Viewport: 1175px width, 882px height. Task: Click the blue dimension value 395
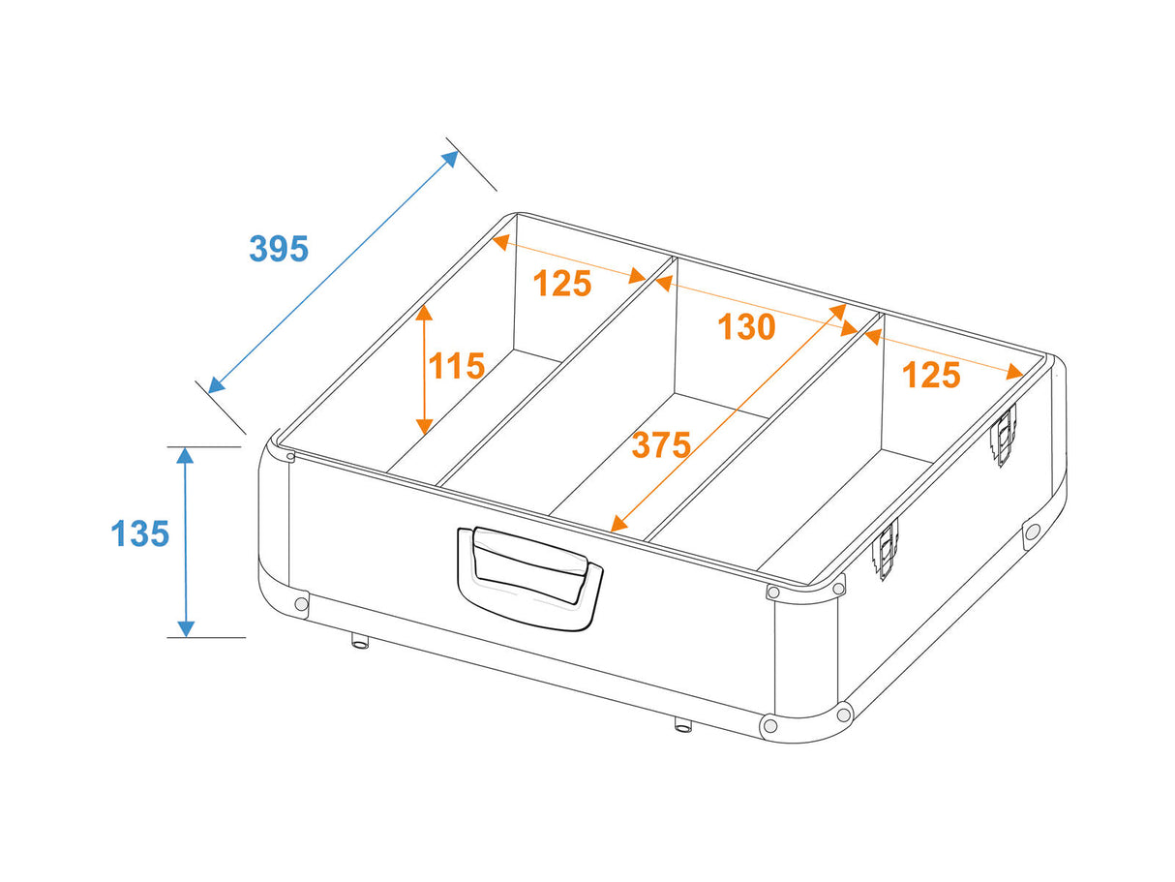point(279,249)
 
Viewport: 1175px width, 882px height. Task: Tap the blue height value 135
point(139,533)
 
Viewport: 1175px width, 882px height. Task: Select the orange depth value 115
point(457,366)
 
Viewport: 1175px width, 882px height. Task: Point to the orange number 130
point(746,326)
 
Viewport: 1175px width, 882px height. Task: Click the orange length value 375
point(662,444)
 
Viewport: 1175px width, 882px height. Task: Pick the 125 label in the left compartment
point(562,283)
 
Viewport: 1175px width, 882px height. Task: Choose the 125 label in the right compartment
point(931,375)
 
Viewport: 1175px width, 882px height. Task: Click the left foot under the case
point(360,640)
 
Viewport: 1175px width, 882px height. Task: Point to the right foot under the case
point(682,724)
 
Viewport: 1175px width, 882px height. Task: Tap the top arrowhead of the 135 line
point(185,456)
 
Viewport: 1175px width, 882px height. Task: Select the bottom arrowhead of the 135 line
point(185,628)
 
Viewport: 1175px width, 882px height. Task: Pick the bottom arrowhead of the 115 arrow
point(424,426)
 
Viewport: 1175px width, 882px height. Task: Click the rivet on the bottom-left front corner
point(302,604)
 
